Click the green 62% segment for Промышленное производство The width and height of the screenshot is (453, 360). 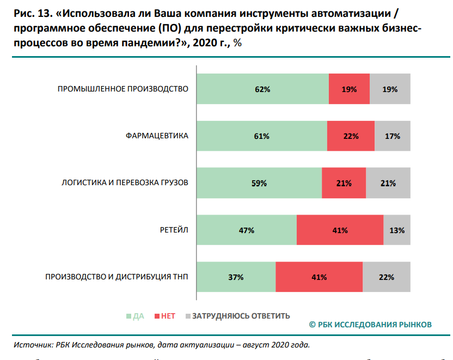tap(262, 89)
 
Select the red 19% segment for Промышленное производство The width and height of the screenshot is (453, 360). tap(349, 89)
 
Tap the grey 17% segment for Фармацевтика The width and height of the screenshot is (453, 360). tap(392, 136)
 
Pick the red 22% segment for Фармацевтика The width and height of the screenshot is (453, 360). tap(351, 136)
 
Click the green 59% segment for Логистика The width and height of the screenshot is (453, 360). tap(259, 183)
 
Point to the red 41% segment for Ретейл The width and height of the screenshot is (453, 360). tap(340, 230)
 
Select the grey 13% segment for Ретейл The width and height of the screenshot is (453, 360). tap(397, 230)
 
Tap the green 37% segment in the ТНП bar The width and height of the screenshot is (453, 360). tap(236, 277)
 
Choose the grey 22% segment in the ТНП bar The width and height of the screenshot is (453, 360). tap(386, 277)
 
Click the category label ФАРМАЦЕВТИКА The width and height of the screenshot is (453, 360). tap(157, 136)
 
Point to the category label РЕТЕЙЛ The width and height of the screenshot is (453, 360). tap(175, 230)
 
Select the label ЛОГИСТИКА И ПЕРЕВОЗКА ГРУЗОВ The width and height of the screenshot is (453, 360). tap(125, 183)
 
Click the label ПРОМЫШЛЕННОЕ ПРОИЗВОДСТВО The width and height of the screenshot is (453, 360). tap(123, 89)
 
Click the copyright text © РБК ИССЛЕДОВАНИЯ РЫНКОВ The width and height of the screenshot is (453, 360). tap(370, 325)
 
